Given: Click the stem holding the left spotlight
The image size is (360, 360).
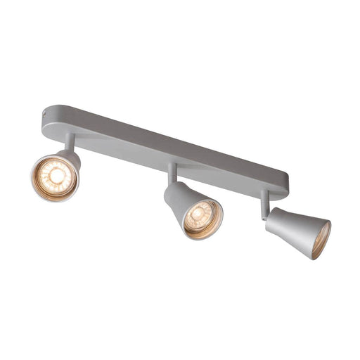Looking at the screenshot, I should [x=70, y=143].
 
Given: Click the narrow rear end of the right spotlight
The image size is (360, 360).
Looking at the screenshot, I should [x=271, y=219].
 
